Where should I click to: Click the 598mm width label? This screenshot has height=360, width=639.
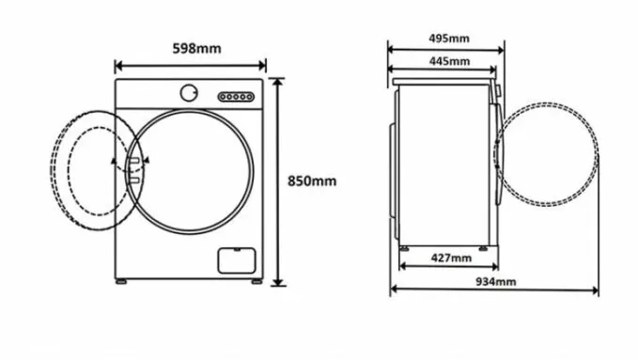pyautogui.click(x=196, y=49)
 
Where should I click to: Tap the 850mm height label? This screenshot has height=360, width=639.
pyautogui.click(x=312, y=181)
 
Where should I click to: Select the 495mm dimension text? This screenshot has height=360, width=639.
pyautogui.click(x=449, y=39)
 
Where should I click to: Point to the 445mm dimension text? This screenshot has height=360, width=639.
pyautogui.click(x=449, y=61)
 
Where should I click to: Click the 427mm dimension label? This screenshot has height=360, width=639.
pyautogui.click(x=451, y=258)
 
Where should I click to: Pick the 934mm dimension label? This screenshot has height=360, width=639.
pyautogui.click(x=496, y=282)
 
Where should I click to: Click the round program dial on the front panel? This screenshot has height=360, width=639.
pyautogui.click(x=189, y=93)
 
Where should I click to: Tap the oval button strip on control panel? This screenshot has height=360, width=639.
pyautogui.click(x=236, y=97)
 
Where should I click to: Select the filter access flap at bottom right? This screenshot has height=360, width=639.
pyautogui.click(x=237, y=260)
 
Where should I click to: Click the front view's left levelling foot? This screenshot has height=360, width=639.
pyautogui.click(x=121, y=281)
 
